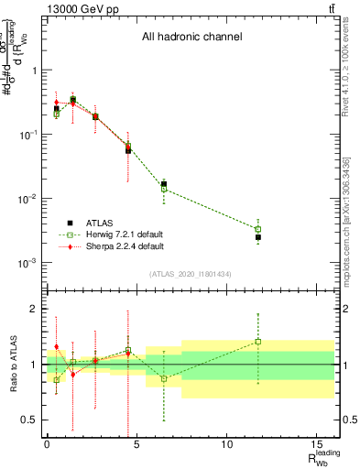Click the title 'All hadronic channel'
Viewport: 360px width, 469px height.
(x=191, y=38)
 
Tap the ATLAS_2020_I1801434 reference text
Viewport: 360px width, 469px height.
(x=190, y=275)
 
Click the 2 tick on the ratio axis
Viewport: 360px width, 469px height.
(x=36, y=309)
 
